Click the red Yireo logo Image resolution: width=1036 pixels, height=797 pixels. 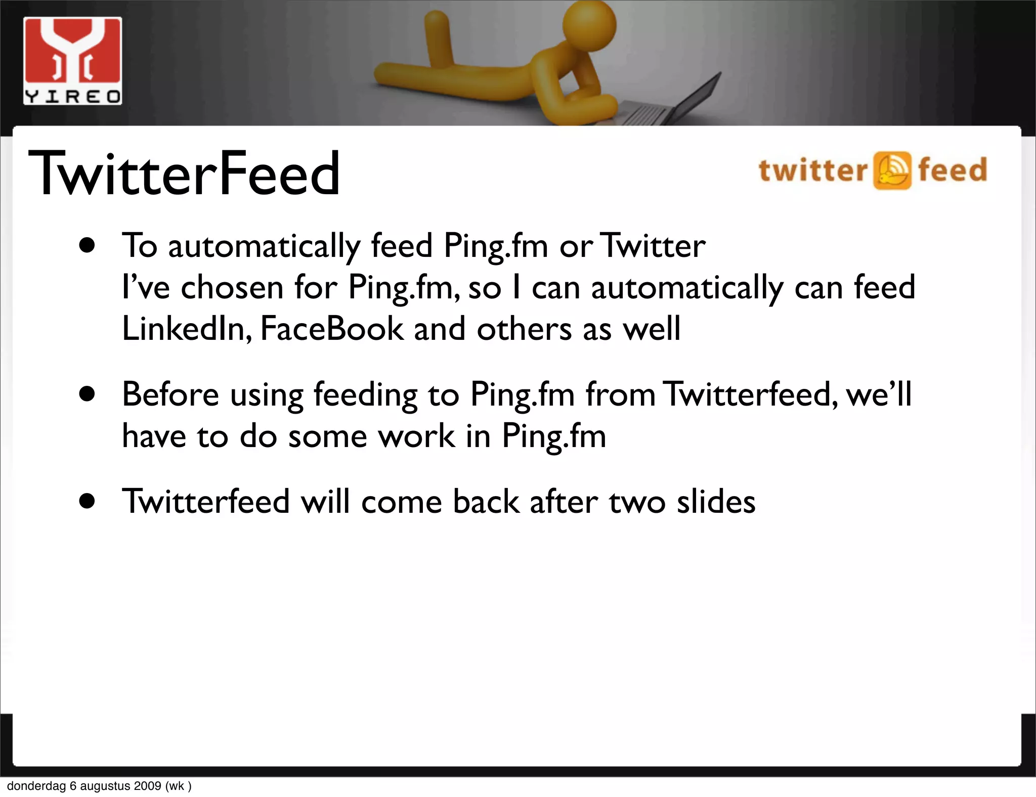coord(72,61)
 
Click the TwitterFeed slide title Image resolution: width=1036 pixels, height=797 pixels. coord(184,173)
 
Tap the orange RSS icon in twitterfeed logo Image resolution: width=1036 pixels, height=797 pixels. coord(892,170)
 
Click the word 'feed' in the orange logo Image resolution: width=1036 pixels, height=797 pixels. coord(953,169)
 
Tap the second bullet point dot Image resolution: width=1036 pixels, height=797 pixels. coord(88,394)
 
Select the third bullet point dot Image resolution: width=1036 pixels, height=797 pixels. coord(88,501)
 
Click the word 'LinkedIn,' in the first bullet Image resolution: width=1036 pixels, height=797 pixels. coord(187,329)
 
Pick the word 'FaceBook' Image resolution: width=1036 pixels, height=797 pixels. coord(332,329)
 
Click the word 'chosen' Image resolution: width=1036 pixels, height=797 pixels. coord(232,288)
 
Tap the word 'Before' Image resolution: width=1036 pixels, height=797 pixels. coord(170,394)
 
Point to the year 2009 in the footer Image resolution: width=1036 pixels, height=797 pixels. coord(148,786)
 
